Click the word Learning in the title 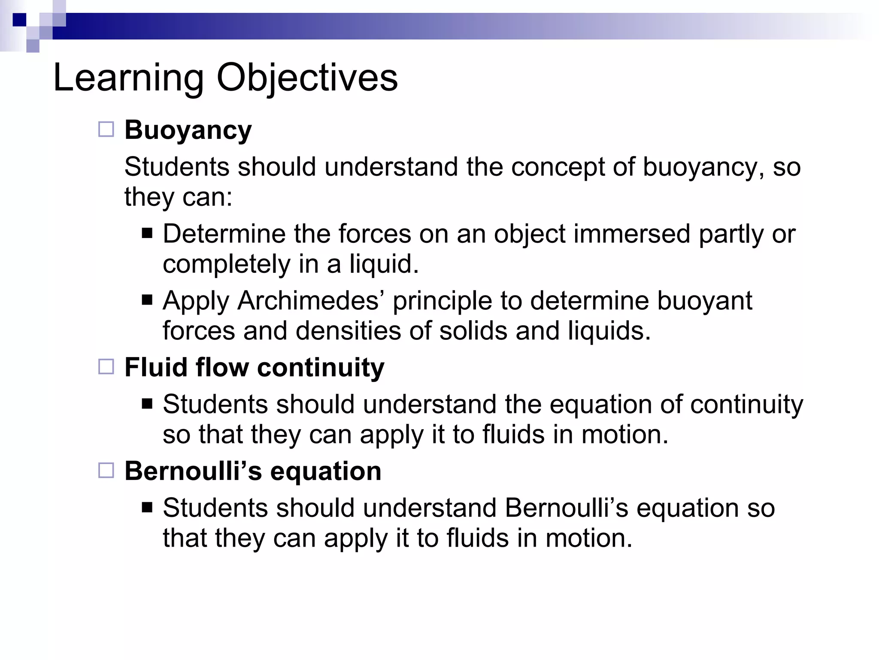tap(128, 78)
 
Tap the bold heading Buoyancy tap(188, 130)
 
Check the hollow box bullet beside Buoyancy tap(106, 129)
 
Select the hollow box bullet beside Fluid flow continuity tap(106, 367)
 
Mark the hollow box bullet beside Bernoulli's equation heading tap(106, 471)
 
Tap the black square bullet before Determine tap(147, 233)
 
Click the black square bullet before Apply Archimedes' tap(147, 299)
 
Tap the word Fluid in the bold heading tap(155, 367)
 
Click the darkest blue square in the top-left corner tap(19, 20)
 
